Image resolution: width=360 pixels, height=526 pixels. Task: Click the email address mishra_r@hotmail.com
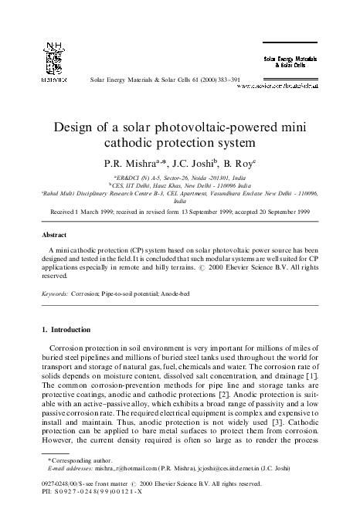click(x=124, y=490)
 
